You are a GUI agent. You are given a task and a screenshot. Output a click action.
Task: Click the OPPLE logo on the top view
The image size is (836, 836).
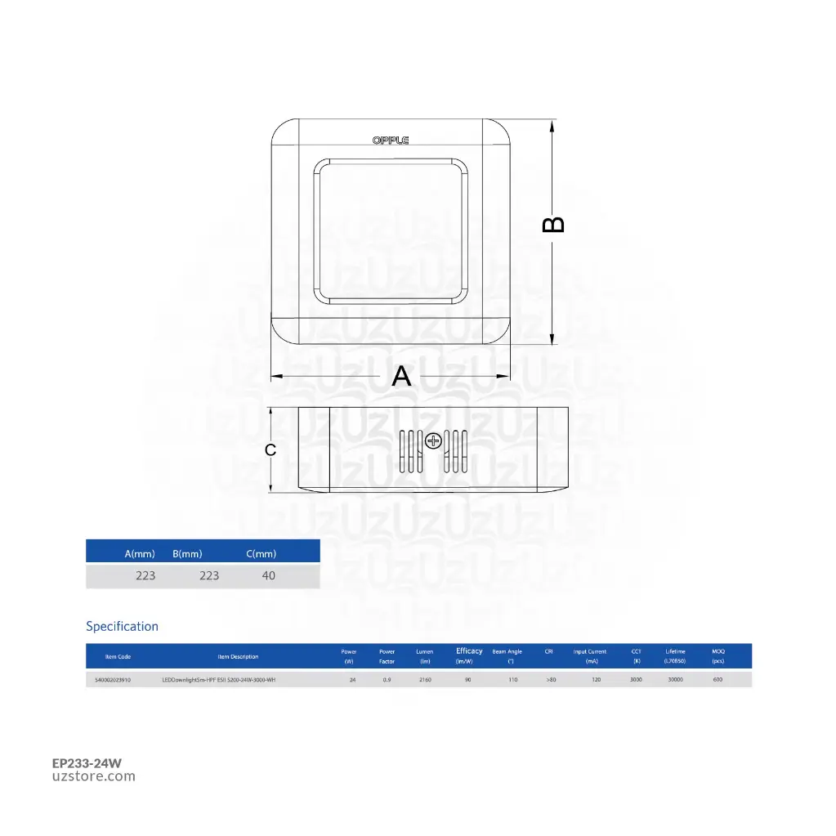[391, 141]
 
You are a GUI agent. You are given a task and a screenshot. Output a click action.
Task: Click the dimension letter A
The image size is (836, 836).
[401, 376]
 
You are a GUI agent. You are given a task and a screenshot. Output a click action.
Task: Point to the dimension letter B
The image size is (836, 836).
[554, 225]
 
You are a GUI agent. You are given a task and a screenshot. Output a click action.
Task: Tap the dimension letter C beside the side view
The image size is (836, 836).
[270, 449]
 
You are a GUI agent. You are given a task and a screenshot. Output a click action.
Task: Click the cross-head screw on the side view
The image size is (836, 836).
[433, 441]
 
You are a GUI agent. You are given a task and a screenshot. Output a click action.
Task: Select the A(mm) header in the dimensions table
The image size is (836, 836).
[140, 554]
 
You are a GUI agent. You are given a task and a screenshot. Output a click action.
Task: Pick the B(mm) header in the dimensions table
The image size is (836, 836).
[187, 554]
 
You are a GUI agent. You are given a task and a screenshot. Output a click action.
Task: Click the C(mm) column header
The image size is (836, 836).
[262, 554]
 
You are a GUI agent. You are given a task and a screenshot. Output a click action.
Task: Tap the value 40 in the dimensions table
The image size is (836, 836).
[268, 575]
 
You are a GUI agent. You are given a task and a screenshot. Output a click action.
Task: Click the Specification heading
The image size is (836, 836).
[123, 627]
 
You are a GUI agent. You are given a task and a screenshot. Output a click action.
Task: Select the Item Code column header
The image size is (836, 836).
[118, 656]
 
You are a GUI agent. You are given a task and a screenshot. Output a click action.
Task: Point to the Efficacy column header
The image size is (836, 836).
[469, 651]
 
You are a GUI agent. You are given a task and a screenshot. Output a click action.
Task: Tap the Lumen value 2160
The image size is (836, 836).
[425, 680]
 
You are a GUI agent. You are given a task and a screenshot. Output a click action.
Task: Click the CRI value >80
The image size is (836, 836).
[551, 680]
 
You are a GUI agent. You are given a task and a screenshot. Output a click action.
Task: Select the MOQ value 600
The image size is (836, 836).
[718, 680]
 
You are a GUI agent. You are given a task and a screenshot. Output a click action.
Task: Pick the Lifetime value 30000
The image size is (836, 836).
[675, 680]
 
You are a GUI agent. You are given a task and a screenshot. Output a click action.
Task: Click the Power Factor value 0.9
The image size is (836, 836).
[387, 680]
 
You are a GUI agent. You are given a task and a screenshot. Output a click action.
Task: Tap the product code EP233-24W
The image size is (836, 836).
[87, 763]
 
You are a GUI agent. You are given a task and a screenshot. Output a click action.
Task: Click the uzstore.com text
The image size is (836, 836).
[94, 777]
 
